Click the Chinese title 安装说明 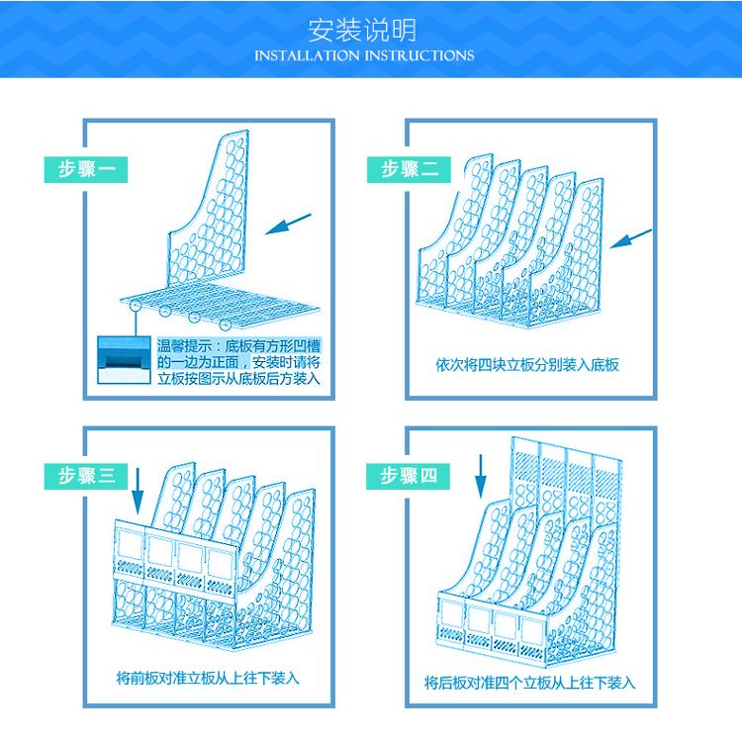click(x=362, y=31)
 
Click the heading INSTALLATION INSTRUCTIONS click(x=364, y=56)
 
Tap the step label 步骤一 click(x=86, y=169)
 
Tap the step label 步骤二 click(x=409, y=169)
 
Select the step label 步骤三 click(x=86, y=476)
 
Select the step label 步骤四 click(x=408, y=476)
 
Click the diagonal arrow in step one click(x=288, y=225)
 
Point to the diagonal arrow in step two click(x=630, y=238)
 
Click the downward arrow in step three click(x=138, y=492)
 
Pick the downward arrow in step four click(x=481, y=476)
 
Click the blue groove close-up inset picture click(x=124, y=360)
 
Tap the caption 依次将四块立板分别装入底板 click(x=527, y=365)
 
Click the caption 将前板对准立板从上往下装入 click(x=208, y=678)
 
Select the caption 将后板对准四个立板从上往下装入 click(x=529, y=683)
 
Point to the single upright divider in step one click(x=209, y=209)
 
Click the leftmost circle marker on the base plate click(x=136, y=305)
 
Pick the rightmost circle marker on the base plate click(x=225, y=325)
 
